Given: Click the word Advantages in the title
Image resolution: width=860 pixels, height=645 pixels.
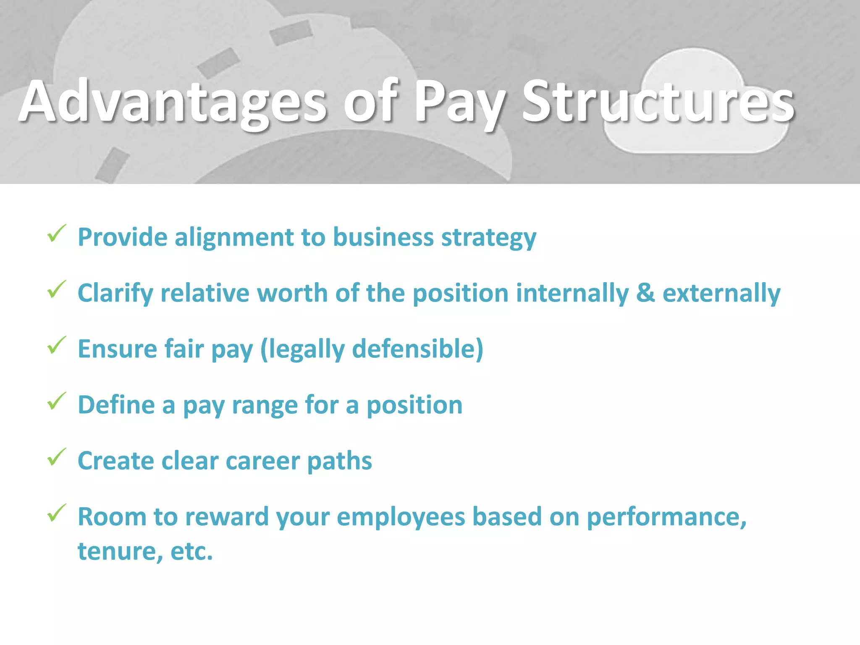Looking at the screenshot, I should [172, 102].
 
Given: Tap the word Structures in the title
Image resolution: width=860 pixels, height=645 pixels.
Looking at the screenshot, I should [658, 102].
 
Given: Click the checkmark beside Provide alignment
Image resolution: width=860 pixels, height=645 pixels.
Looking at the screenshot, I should [56, 233].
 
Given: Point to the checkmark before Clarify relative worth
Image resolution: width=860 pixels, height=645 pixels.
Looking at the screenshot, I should [56, 289].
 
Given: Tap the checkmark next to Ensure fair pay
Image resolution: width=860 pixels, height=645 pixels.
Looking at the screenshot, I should [56, 345].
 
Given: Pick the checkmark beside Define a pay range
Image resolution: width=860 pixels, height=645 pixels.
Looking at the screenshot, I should [56, 401].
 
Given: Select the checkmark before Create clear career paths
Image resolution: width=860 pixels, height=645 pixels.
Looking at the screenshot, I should [56, 457].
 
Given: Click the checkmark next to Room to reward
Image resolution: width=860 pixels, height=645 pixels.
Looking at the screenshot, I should [56, 513].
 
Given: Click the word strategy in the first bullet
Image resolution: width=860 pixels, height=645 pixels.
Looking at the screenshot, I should [489, 238].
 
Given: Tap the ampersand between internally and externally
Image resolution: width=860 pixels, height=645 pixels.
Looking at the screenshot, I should [645, 293].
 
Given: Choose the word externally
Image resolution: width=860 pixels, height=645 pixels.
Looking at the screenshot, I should [721, 294].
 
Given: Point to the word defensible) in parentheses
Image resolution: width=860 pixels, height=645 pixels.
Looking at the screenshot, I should [417, 349].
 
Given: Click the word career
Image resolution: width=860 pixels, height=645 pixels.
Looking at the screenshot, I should [262, 461].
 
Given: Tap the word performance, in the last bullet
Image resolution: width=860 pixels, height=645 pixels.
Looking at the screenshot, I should [666, 517].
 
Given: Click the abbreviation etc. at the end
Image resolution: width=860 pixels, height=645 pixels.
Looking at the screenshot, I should [191, 551].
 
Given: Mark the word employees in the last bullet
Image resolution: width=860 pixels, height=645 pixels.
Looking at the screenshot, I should [401, 517].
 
